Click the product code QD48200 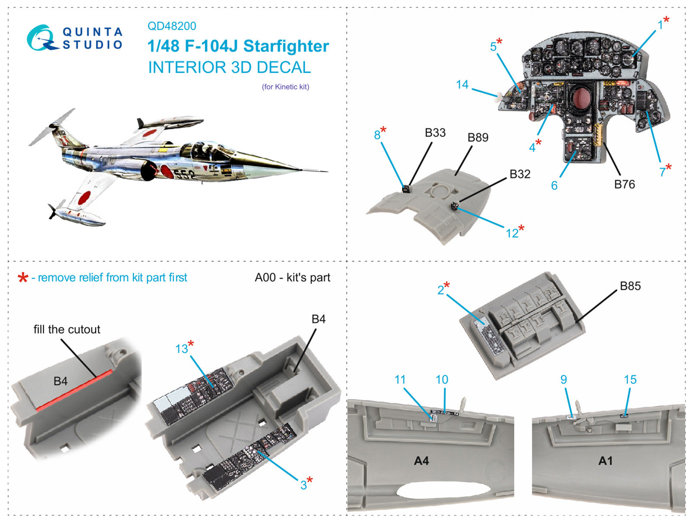[x=172, y=26]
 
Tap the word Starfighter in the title [x=286, y=46]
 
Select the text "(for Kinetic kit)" [x=285, y=87]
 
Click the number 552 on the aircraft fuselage [x=185, y=174]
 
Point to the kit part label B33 [x=435, y=133]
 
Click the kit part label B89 [x=478, y=137]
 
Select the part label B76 [x=624, y=184]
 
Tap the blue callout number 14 [x=462, y=84]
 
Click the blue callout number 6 [x=554, y=185]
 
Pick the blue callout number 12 [x=512, y=233]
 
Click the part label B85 [x=630, y=286]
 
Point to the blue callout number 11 [x=400, y=379]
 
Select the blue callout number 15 [x=630, y=379]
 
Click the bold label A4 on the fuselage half [x=421, y=460]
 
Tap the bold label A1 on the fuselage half [x=605, y=460]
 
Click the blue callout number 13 [x=181, y=349]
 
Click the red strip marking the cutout [x=74, y=390]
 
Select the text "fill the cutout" [x=67, y=329]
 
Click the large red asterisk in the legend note [x=23, y=278]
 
